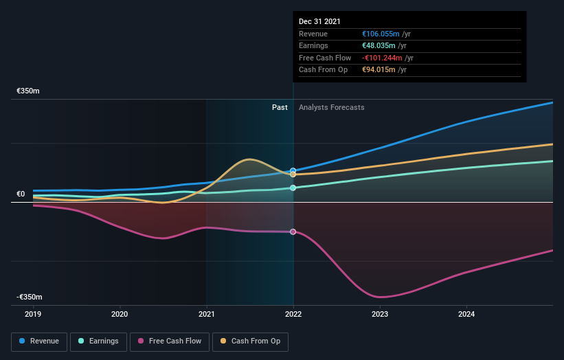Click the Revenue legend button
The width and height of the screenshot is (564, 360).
coord(39,341)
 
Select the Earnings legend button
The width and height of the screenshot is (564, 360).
coord(98,341)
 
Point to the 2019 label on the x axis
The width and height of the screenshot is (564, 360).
coord(33,314)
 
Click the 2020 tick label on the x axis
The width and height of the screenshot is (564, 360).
coord(120,314)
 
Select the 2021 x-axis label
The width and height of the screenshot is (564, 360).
coord(207,314)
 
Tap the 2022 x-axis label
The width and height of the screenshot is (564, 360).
coord(293,314)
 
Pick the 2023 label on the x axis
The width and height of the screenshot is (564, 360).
coord(380,314)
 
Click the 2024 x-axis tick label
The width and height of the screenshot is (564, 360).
coord(466,314)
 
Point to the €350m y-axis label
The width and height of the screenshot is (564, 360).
coord(29,91)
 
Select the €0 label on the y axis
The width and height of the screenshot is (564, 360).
coord(21,194)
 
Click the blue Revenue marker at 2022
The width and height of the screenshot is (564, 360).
coord(293,170)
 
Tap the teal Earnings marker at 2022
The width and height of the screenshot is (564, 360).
coord(293,188)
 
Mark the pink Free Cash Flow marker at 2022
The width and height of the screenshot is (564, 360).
coord(293,232)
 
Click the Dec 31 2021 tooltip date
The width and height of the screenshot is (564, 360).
coord(319,22)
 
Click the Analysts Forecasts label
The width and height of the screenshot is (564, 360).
coord(331,107)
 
